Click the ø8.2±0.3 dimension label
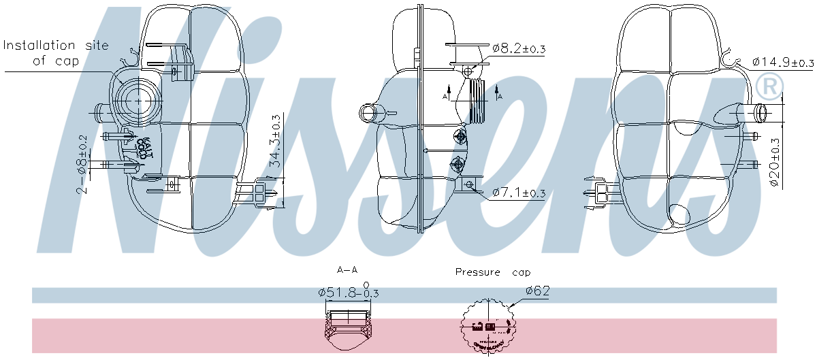(519, 48)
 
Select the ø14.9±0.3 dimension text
(783, 62)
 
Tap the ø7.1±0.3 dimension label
(518, 193)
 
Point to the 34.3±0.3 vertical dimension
(276, 141)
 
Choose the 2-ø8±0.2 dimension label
(82, 163)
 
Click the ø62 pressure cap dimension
(537, 291)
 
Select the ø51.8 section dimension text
(348, 292)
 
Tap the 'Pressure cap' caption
(492, 272)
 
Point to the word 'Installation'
(39, 46)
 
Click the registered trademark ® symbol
(770, 84)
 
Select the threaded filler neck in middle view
(479, 100)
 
